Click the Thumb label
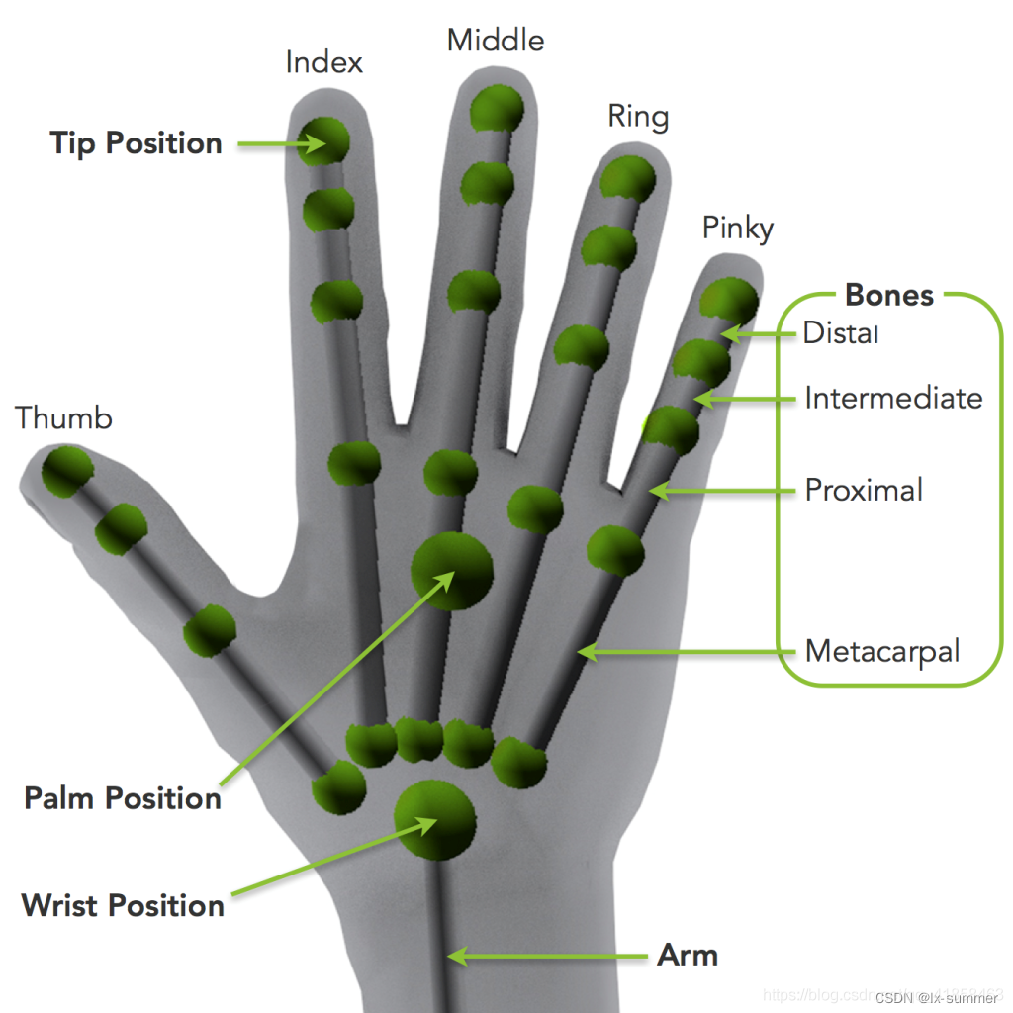(x=64, y=418)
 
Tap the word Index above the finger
(x=323, y=63)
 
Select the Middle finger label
(x=496, y=41)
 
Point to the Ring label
(x=638, y=117)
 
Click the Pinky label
(x=737, y=229)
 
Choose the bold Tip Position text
(x=137, y=143)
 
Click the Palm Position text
(x=123, y=798)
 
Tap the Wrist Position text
(x=123, y=905)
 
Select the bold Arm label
(x=688, y=956)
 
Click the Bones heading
(x=889, y=295)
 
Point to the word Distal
(x=840, y=332)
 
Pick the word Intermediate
(x=893, y=398)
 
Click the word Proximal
(x=864, y=490)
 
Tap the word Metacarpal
(x=882, y=651)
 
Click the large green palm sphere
(x=452, y=571)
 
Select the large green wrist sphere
(x=434, y=819)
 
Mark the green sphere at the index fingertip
(x=325, y=139)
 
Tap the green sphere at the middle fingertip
(x=497, y=109)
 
